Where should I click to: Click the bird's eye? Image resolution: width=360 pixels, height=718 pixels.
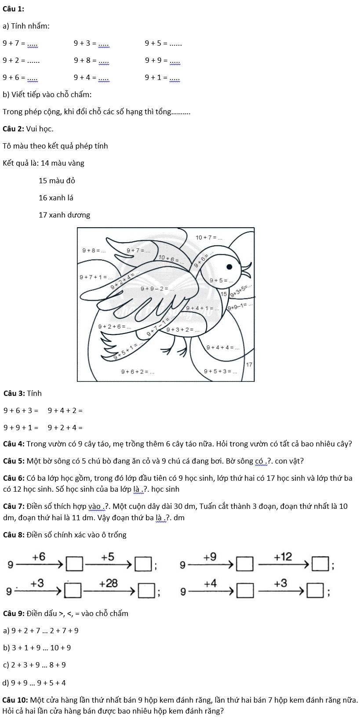[x=229, y=266]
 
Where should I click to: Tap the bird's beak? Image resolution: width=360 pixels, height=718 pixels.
[x=246, y=268]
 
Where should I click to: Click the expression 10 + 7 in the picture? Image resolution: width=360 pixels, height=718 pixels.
[x=209, y=238]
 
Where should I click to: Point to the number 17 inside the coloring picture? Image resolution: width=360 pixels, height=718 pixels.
[x=249, y=365]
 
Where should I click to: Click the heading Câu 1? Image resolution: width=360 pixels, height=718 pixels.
[x=13, y=9]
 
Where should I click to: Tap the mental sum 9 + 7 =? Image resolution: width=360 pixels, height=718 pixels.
[x=20, y=43]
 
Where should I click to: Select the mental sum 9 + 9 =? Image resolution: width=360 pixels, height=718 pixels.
[x=162, y=61]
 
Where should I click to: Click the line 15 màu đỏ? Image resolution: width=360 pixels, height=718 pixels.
[x=57, y=181]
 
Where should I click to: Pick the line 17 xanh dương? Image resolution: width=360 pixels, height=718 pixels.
[x=64, y=215]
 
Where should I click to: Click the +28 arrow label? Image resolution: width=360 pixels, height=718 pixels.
[x=109, y=583]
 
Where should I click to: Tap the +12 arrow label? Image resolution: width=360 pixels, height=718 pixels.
[x=283, y=557]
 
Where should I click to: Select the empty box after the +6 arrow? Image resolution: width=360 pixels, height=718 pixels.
[x=74, y=564]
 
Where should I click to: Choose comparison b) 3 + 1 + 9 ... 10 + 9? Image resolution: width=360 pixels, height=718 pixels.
[x=37, y=648]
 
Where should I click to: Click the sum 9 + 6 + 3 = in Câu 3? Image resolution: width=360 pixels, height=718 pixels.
[x=21, y=410]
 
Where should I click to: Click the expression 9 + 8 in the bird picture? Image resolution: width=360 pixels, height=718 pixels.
[x=94, y=250]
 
